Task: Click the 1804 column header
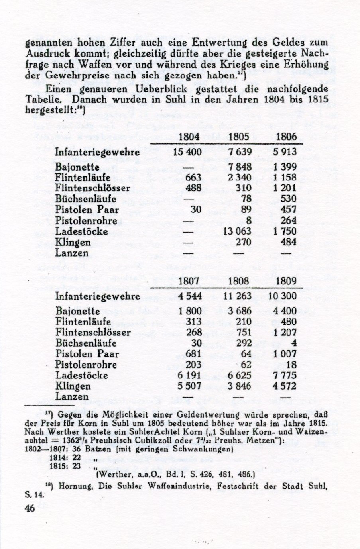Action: pos(189,137)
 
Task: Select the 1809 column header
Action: pos(286,281)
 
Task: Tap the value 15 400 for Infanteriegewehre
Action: pos(187,152)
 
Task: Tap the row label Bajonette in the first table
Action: pos(77,167)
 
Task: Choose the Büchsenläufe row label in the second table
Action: pos(86,343)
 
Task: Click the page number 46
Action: pos(30,508)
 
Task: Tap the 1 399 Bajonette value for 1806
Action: pos(285,167)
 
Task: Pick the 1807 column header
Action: pos(189,281)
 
